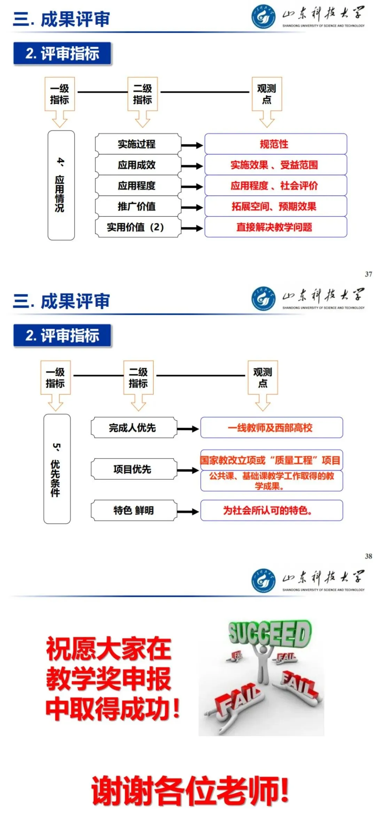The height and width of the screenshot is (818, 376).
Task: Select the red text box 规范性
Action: coord(275,144)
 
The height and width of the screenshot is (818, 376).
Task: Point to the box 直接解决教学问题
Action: coord(275,227)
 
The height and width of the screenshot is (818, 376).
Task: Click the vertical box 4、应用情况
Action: coord(61,185)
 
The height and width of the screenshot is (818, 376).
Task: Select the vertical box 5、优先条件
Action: coord(57,469)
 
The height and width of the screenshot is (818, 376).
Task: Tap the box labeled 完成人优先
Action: coord(134,428)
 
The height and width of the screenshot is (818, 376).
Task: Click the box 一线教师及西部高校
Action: coord(271,428)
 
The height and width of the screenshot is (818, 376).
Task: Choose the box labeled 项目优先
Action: coord(134,469)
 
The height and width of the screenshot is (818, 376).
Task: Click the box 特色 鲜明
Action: coord(134,511)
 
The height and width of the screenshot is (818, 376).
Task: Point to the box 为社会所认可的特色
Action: coord(271,511)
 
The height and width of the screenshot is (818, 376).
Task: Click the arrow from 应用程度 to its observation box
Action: coord(192,187)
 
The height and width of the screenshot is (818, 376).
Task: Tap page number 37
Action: coord(368,274)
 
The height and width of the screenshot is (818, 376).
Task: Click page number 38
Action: coord(368,556)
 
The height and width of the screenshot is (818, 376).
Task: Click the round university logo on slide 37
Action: coord(263,16)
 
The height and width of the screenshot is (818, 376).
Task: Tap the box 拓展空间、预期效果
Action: coord(275,206)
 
